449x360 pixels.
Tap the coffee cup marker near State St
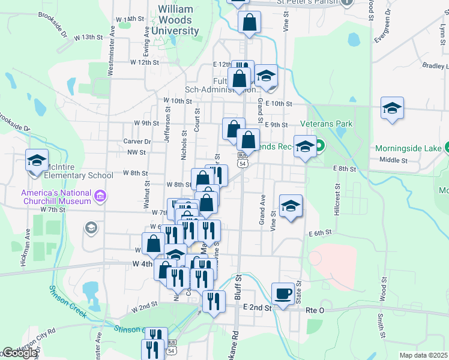click(x=283, y=294)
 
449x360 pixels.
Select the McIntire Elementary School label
click(x=70, y=176)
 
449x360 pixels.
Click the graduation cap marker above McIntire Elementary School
click(x=36, y=161)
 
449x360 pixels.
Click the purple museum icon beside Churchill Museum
click(x=100, y=196)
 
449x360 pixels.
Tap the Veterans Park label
click(x=327, y=124)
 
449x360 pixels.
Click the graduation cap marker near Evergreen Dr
click(x=392, y=109)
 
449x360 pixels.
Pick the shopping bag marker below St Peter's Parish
click(x=249, y=23)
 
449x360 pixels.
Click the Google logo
click(x=19, y=353)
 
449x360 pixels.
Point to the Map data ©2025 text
click(x=423, y=355)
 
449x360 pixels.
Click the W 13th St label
click(x=89, y=37)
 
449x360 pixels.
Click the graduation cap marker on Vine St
click(x=291, y=207)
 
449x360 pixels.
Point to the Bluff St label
click(x=238, y=288)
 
